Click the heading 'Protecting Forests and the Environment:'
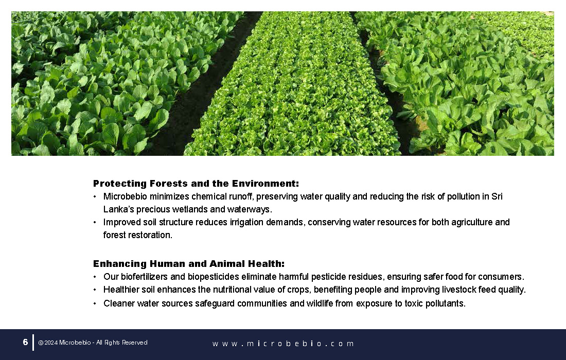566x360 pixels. click(196, 184)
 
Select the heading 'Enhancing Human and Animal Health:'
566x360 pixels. click(189, 264)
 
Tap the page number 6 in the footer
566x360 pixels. click(25, 342)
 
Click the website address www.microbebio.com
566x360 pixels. click(284, 344)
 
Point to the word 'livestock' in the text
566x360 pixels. click(459, 290)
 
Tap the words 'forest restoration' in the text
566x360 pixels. click(137, 235)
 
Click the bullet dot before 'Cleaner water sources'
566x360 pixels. click(95, 304)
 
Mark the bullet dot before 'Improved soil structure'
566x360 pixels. click(95, 223)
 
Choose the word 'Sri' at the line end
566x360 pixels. click(497, 196)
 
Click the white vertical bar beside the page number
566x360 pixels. click(33, 343)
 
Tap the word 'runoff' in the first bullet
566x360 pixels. click(241, 196)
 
